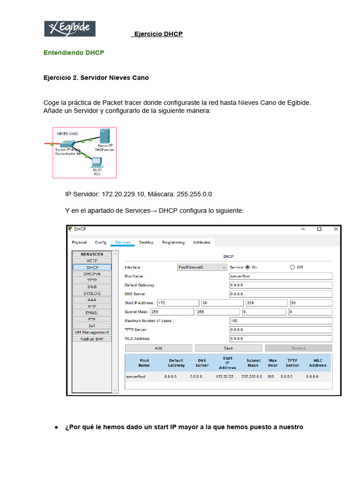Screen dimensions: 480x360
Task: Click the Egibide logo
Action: click(x=70, y=29)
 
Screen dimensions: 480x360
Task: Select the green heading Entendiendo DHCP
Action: click(x=74, y=53)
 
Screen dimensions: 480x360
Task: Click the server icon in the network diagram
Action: click(x=105, y=136)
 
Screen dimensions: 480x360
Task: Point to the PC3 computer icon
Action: click(x=97, y=163)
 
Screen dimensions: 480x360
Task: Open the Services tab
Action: click(x=123, y=242)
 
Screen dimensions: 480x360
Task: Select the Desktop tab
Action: click(x=146, y=242)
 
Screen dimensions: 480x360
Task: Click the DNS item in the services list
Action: click(x=92, y=286)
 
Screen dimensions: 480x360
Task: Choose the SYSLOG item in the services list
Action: click(x=92, y=293)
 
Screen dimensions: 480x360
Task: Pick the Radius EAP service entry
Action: click(x=92, y=338)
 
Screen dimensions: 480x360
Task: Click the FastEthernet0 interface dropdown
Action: click(x=202, y=267)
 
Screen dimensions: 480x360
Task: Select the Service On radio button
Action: click(x=247, y=267)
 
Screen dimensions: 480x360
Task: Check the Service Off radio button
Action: click(x=292, y=267)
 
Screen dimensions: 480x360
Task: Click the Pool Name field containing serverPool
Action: click(x=280, y=276)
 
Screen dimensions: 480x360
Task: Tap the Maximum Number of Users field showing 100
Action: click(x=280, y=321)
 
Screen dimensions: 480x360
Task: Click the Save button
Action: click(x=228, y=348)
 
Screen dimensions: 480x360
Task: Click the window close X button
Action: click(x=336, y=229)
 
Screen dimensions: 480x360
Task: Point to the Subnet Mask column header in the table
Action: click(x=253, y=362)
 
